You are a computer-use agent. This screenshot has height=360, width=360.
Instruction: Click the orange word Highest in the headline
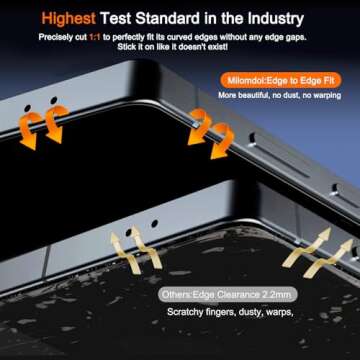(69, 19)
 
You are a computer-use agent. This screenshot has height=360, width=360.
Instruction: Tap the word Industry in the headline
(276, 19)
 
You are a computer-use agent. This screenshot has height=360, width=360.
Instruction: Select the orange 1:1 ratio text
(95, 37)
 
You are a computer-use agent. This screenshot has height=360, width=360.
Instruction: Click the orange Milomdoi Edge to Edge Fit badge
(280, 81)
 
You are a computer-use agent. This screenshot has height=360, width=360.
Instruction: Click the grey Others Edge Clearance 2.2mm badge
(228, 295)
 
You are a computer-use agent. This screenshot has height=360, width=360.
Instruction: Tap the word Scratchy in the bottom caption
(185, 312)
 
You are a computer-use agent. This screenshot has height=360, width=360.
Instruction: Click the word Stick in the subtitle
(125, 47)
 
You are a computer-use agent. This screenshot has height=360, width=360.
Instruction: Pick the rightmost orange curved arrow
(223, 140)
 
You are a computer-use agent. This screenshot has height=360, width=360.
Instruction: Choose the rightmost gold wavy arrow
(328, 258)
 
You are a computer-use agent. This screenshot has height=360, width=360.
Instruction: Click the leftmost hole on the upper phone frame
(28, 108)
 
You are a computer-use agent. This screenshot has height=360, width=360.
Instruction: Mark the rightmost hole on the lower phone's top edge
(154, 224)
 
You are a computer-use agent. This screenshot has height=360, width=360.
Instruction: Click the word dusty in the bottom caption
(251, 313)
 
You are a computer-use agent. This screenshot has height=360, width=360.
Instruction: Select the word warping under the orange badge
(328, 96)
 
